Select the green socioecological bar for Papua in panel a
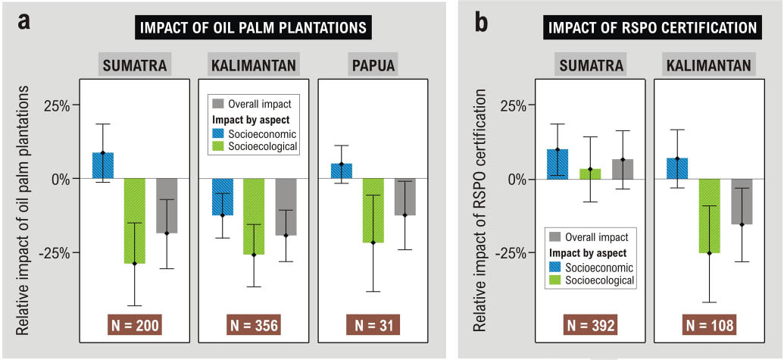(x=373, y=211)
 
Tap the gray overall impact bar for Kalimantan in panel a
(x=286, y=207)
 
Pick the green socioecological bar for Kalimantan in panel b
(x=709, y=216)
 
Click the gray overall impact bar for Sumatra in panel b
(x=623, y=169)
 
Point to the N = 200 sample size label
(x=134, y=326)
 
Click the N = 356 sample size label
(x=253, y=326)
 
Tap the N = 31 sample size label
(x=373, y=326)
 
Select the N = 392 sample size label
(x=590, y=326)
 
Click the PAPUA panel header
(x=373, y=65)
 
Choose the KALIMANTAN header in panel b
(x=709, y=65)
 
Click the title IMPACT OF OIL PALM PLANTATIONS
(x=253, y=28)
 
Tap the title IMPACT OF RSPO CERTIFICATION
(x=651, y=28)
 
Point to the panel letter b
(x=481, y=23)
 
